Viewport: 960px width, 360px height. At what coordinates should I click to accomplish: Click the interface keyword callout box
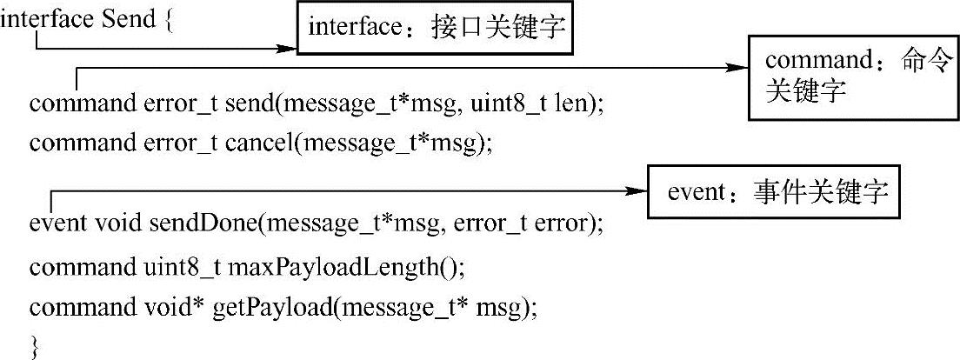(437, 30)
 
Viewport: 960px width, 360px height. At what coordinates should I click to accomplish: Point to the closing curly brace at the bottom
(35, 348)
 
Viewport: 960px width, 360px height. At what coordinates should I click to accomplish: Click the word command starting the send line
(77, 103)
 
